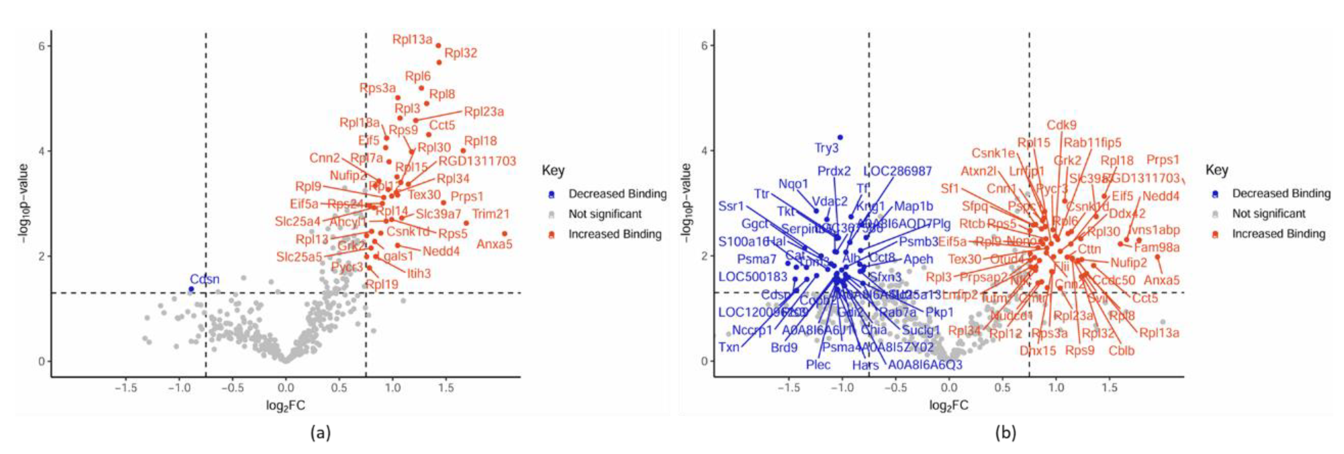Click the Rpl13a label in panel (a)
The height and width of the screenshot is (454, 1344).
click(412, 39)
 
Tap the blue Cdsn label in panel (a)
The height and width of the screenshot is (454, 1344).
click(204, 279)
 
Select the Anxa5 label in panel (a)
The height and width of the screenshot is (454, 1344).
click(494, 244)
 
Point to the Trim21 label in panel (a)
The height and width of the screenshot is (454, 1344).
click(491, 214)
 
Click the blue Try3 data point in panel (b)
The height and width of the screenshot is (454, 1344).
click(840, 137)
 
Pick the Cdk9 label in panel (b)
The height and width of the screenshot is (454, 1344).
click(1062, 125)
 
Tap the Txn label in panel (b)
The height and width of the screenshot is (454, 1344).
click(729, 347)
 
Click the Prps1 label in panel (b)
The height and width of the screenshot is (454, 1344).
click(1163, 160)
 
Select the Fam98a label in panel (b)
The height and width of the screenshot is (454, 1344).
click(1157, 248)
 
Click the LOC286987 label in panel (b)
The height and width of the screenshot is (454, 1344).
click(898, 171)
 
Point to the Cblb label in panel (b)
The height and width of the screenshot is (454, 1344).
click(1121, 351)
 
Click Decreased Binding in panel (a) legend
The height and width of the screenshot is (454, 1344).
click(617, 194)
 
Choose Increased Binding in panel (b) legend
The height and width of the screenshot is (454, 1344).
click(1278, 234)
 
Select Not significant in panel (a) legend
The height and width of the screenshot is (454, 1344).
click(605, 214)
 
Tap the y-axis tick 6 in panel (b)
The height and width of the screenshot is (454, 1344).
click(704, 45)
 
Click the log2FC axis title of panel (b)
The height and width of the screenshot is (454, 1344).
click(948, 406)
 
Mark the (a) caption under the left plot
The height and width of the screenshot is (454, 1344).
click(320, 432)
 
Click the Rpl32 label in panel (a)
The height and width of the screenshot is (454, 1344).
click(461, 53)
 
